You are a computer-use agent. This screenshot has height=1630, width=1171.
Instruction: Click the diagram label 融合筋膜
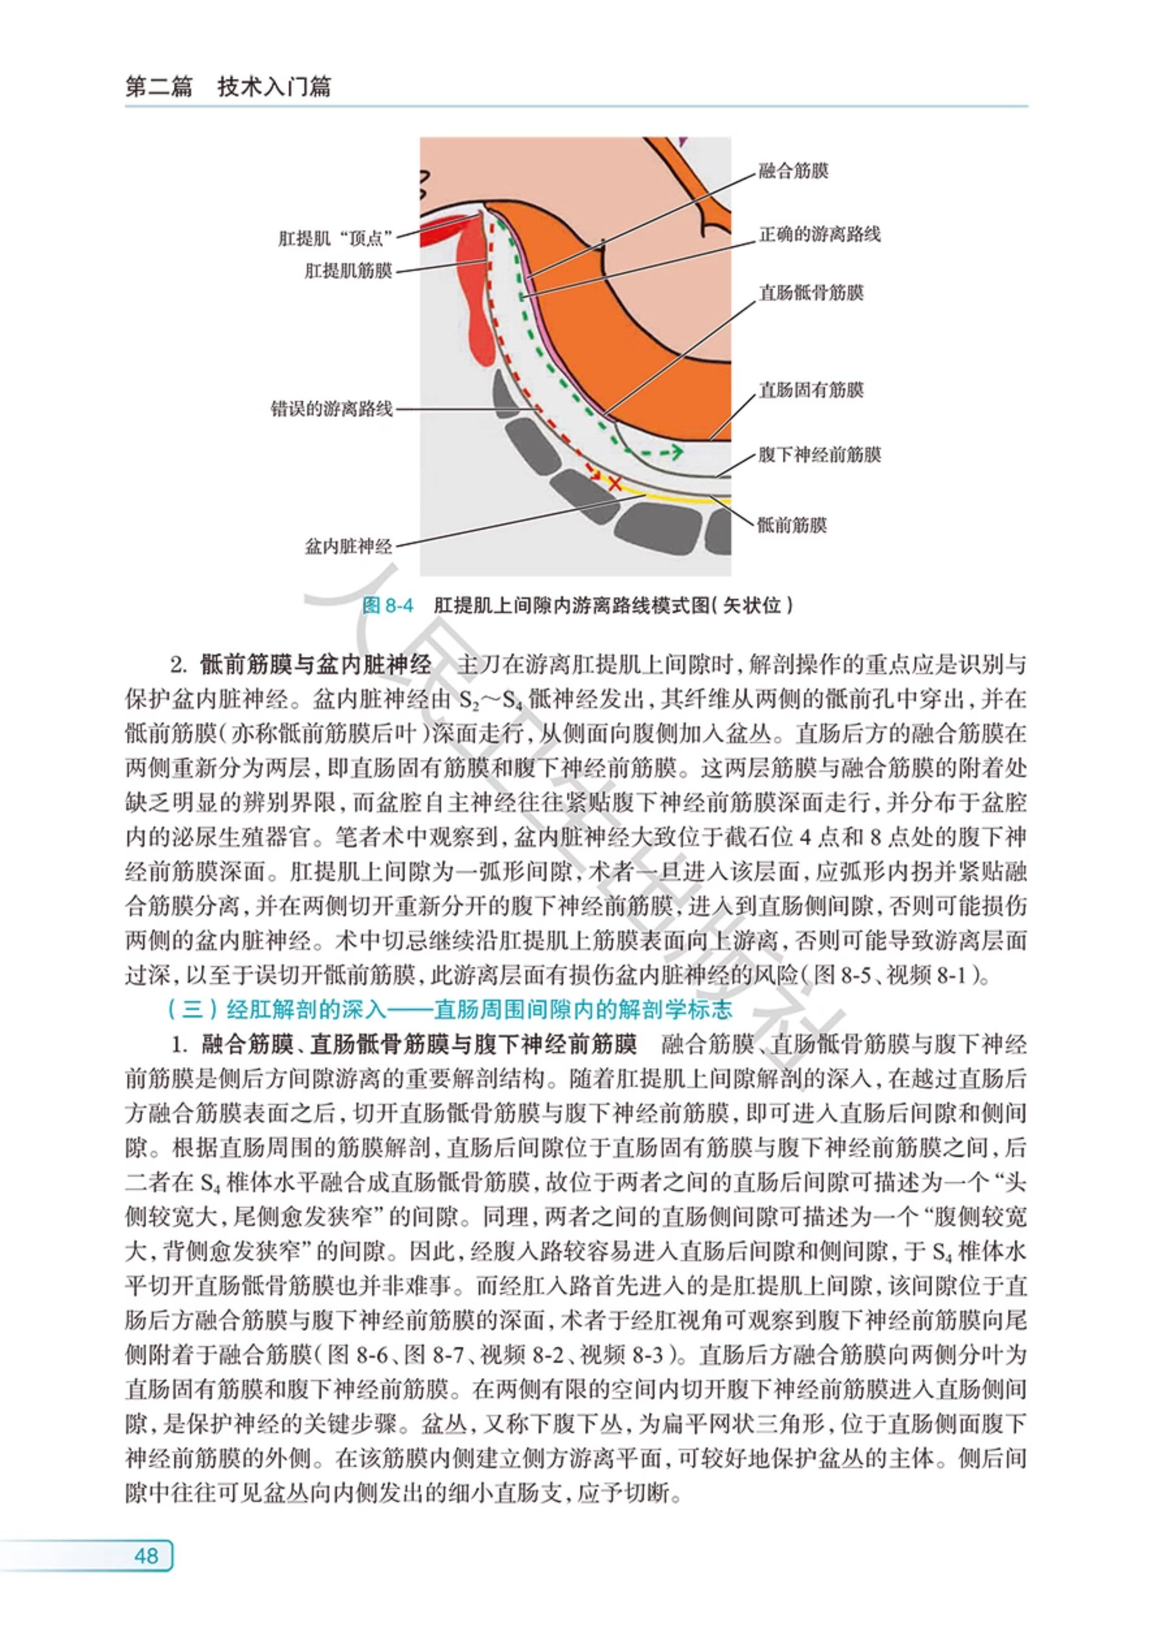click(793, 171)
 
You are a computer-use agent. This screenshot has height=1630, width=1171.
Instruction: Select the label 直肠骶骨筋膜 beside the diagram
click(811, 292)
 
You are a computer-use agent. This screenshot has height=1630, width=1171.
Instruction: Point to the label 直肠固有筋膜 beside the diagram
click(811, 390)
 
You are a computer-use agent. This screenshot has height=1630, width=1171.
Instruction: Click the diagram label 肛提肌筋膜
click(348, 271)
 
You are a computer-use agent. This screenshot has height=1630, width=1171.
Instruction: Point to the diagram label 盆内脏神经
click(348, 546)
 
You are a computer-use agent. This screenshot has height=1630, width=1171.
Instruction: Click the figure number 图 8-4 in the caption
click(388, 605)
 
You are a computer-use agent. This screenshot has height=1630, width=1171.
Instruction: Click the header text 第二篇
click(159, 88)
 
